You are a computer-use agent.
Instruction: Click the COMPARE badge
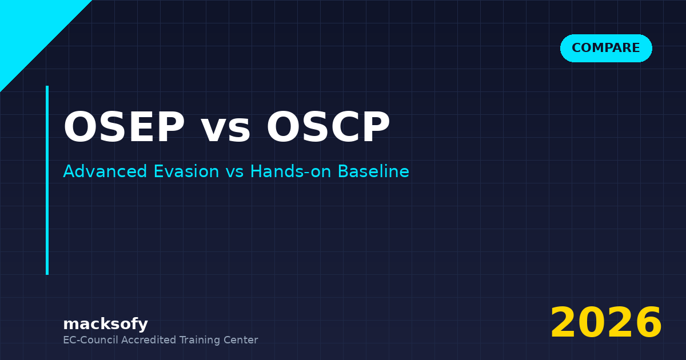pyautogui.click(x=606, y=49)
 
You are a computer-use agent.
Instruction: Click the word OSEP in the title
pyautogui.click(x=124, y=127)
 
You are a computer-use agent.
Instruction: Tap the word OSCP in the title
pyautogui.click(x=328, y=127)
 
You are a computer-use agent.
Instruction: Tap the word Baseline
pyautogui.click(x=373, y=171)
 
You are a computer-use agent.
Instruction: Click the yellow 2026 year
pyautogui.click(x=606, y=323)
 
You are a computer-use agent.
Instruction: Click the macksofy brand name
pyautogui.click(x=105, y=325)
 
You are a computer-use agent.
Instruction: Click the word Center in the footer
pyautogui.click(x=242, y=340)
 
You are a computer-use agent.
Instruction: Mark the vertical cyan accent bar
pyautogui.click(x=47, y=180)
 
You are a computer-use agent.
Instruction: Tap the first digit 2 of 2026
pyautogui.click(x=564, y=323)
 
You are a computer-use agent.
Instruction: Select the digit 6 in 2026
pyautogui.click(x=648, y=323)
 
